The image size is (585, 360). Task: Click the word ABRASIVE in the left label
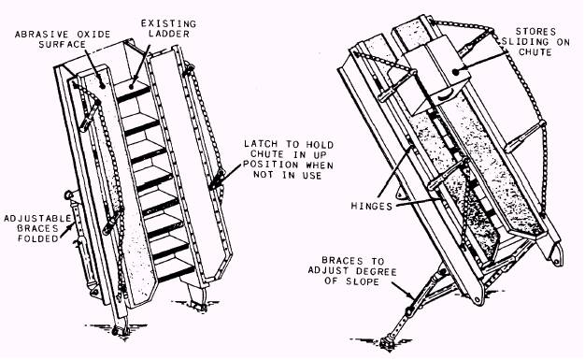tap(43, 35)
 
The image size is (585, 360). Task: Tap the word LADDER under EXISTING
tap(169, 34)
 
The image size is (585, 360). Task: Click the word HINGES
tap(372, 206)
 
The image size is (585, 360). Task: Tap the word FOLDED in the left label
tap(38, 238)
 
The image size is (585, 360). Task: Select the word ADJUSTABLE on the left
tap(37, 218)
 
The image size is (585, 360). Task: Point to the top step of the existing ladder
tap(132, 91)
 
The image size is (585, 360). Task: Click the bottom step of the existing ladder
tap(175, 269)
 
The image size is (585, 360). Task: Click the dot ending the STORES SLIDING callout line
tap(455, 72)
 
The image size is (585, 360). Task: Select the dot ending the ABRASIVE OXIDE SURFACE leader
tap(102, 85)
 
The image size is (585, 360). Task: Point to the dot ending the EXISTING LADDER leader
tap(132, 86)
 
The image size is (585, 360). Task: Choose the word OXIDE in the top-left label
tap(93, 35)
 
